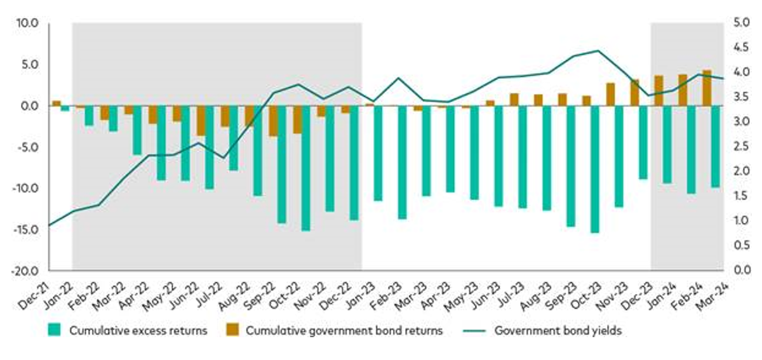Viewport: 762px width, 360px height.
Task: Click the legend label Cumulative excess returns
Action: tap(138, 331)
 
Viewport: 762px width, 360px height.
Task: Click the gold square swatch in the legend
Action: tap(233, 331)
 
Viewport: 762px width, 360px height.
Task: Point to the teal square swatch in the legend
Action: tap(56, 331)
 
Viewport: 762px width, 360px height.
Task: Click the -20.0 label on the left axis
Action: tap(26, 270)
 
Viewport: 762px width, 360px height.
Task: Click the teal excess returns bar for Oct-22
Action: tap(306, 168)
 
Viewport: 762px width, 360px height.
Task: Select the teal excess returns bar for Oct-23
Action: tap(595, 169)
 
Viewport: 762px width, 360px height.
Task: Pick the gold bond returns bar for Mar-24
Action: tap(707, 88)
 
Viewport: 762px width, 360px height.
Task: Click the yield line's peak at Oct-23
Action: tap(598, 51)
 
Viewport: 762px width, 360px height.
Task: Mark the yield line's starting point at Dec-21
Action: tap(50, 225)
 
